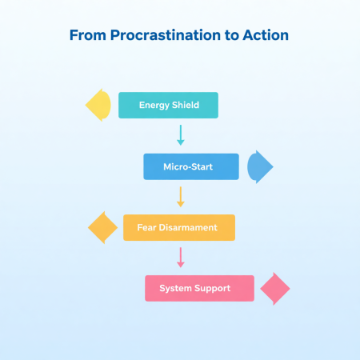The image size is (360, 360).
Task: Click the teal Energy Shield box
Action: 169,106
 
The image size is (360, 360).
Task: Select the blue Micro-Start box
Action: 191,166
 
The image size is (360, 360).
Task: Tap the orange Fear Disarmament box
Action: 179,227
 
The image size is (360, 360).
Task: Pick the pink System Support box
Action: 199,288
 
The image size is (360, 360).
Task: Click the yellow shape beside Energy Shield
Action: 99,106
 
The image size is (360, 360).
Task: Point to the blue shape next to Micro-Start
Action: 259,166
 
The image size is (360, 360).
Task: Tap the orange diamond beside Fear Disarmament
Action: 102,228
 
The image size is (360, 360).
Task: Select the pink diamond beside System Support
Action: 274,288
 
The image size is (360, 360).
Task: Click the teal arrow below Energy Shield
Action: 180,134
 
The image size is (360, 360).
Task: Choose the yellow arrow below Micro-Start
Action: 180,196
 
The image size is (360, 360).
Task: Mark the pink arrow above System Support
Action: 180,257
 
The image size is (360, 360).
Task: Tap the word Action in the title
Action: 266,36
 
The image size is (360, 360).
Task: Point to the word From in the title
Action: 86,36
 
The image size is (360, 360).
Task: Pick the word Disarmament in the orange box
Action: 190,227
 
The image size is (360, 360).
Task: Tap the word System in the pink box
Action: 175,288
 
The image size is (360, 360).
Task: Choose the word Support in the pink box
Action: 214,288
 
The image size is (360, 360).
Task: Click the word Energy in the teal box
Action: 154,106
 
